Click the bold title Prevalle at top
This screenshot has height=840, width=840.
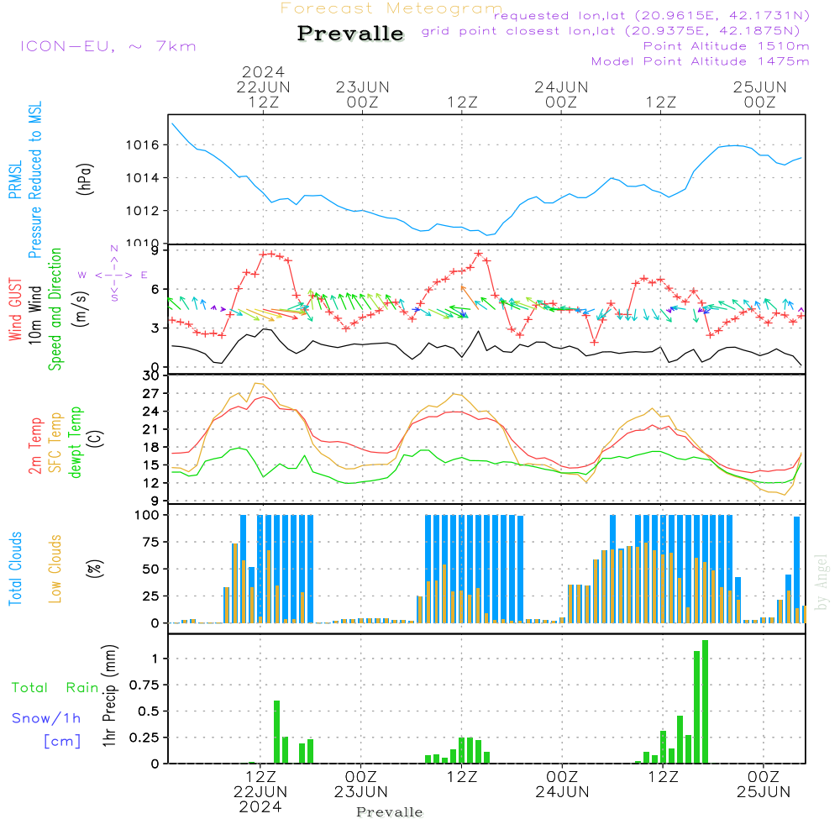(350, 34)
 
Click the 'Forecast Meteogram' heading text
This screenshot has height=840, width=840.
(391, 8)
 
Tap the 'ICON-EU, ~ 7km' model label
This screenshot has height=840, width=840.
(108, 46)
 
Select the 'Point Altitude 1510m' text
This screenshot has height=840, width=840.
(726, 46)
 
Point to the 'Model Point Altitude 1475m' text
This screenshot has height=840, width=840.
(700, 61)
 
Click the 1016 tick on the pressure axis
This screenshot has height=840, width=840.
(142, 145)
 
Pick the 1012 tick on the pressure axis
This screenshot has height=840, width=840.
(142, 211)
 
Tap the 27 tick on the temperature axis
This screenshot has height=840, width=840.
(152, 393)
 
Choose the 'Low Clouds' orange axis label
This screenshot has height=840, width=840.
(56, 569)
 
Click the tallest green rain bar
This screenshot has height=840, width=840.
(705, 701)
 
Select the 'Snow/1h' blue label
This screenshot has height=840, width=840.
(46, 718)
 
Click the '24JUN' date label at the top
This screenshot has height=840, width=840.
(561, 87)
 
